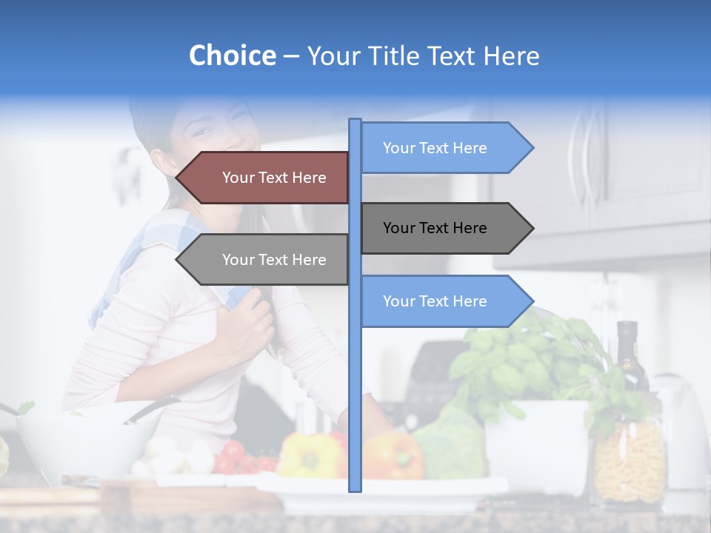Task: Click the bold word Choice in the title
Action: [x=232, y=56]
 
